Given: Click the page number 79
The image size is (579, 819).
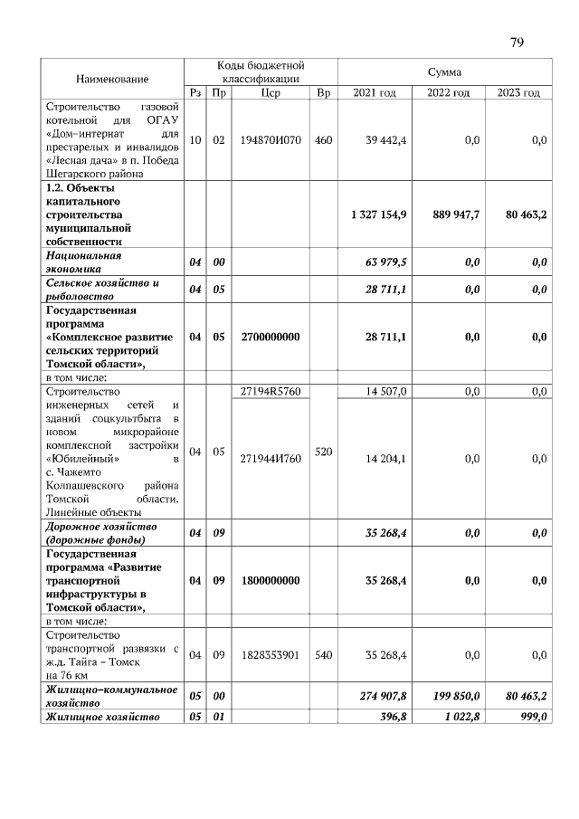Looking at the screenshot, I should pyautogui.click(x=517, y=42).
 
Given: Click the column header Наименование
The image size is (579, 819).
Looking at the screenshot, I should pyautogui.click(x=112, y=80).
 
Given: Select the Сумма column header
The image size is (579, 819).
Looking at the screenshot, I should pyautogui.click(x=444, y=71).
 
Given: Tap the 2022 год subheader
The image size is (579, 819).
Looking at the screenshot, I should pyautogui.click(x=449, y=93).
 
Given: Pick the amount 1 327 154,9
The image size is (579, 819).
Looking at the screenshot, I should pyautogui.click(x=378, y=214).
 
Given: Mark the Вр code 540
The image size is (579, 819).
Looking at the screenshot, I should pyautogui.click(x=324, y=654).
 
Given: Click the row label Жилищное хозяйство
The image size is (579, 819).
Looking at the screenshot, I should pyautogui.click(x=103, y=717).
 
